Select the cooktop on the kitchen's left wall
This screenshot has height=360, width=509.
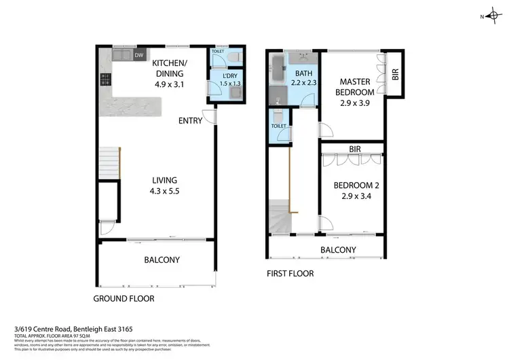tap(106, 81)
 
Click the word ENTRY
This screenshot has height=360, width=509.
tap(189, 121)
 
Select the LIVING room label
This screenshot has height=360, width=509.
tap(165, 180)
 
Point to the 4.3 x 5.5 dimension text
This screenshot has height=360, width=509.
tap(165, 191)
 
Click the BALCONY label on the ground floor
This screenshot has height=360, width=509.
tap(162, 259)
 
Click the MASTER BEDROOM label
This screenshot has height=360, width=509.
tap(356, 86)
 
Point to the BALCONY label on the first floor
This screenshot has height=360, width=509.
tap(338, 250)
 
